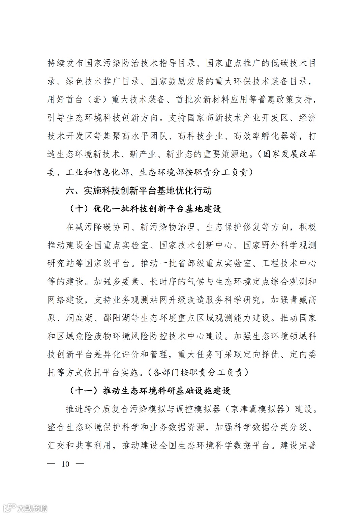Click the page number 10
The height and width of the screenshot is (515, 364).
65,464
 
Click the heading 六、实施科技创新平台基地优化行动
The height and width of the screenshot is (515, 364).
139,191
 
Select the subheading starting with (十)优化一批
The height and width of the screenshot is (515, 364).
145,209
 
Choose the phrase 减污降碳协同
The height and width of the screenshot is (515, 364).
102,227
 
